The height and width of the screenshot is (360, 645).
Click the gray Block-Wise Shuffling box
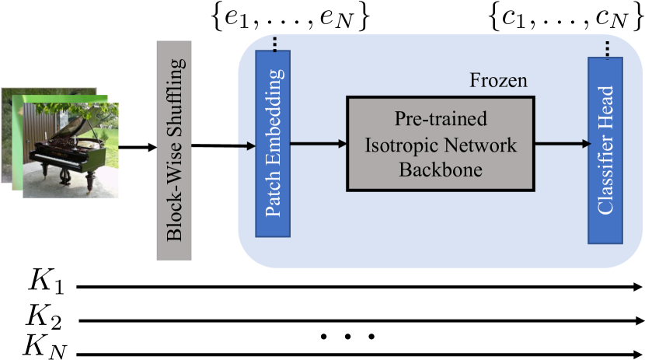pyautogui.click(x=174, y=150)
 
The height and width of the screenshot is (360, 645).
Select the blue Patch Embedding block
pyautogui.click(x=273, y=144)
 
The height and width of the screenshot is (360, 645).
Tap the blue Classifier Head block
pyautogui.click(x=605, y=151)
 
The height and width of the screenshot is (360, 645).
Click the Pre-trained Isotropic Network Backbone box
pyautogui.click(x=441, y=144)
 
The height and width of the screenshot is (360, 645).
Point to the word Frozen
pyautogui.click(x=498, y=80)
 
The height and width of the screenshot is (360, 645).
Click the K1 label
pyautogui.click(x=46, y=281)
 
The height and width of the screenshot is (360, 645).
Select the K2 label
pyautogui.click(x=44, y=316)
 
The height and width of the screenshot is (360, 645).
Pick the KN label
pyautogui.click(x=45, y=347)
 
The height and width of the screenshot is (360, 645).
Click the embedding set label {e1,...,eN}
pyautogui.click(x=290, y=18)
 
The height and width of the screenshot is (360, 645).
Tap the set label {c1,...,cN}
pyautogui.click(x=567, y=18)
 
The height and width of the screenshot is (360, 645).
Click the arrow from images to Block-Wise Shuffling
pyautogui.click(x=138, y=147)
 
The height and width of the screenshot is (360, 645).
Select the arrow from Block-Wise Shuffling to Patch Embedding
pyautogui.click(x=223, y=145)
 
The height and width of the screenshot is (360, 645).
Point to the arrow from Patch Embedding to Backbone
pyautogui.click(x=319, y=144)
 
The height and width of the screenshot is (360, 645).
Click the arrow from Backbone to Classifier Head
pyautogui.click(x=563, y=144)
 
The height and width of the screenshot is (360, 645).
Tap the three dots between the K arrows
pyautogui.click(x=347, y=337)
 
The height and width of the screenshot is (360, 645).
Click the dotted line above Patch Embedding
pyautogui.click(x=275, y=44)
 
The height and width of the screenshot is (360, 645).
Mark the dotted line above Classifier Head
pyautogui.click(x=608, y=49)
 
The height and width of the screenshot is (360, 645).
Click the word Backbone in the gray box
pyautogui.click(x=441, y=170)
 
